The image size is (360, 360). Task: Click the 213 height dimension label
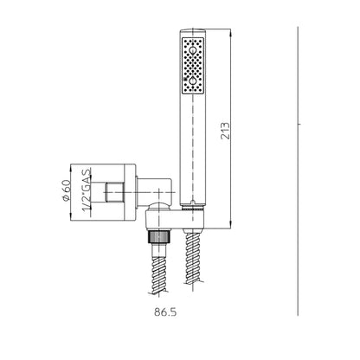[225, 131]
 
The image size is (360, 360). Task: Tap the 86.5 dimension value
[165, 312]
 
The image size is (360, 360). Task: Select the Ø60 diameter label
[66, 190]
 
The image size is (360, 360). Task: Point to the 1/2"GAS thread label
[87, 190]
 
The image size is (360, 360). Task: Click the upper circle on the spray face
[193, 51]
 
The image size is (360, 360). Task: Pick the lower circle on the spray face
[193, 81]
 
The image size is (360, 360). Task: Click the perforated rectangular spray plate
[193, 66]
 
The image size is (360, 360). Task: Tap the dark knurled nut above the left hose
[158, 236]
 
